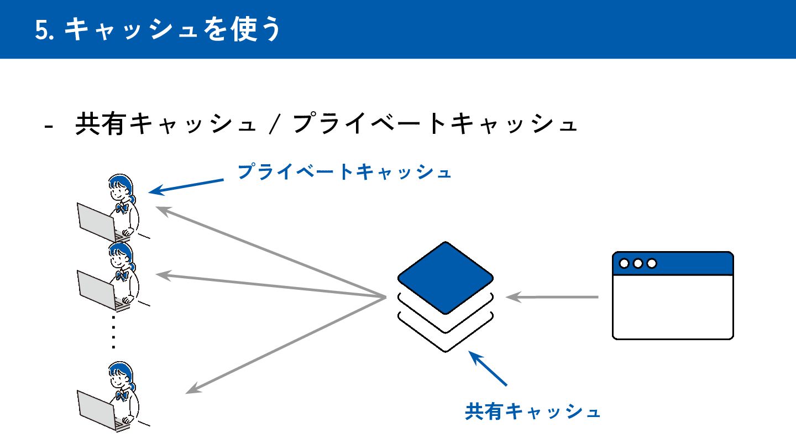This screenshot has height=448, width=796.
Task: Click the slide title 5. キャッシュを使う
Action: [158, 30]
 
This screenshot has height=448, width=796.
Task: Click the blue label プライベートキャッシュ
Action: [344, 172]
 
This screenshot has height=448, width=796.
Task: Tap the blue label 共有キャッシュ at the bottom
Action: [532, 411]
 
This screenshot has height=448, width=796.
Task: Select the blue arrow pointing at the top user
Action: [186, 186]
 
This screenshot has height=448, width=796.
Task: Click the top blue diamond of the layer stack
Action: [445, 277]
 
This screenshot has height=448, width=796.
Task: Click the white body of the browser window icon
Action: [673, 306]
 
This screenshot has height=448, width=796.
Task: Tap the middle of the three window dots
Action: [638, 263]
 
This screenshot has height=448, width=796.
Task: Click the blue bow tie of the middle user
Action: [122, 274]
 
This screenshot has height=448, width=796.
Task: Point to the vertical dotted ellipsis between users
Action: [113, 332]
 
